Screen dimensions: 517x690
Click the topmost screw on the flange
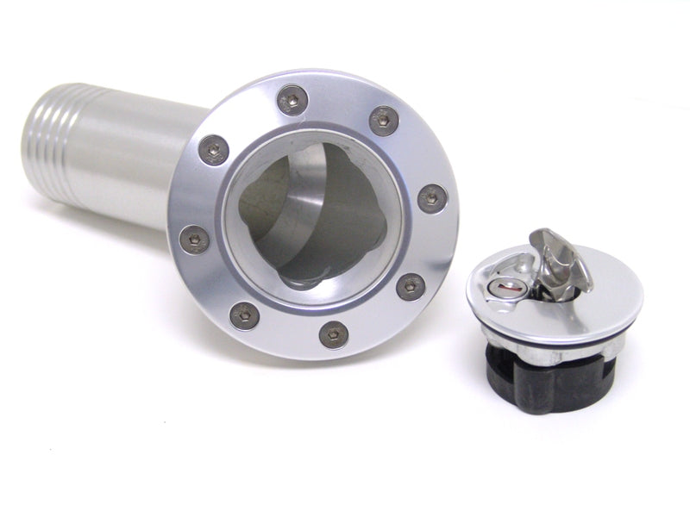(x=293, y=101)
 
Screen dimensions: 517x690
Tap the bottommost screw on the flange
(x=334, y=334)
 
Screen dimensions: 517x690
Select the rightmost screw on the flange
(x=432, y=199)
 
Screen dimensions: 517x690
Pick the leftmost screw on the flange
(x=194, y=239)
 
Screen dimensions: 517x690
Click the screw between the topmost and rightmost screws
(x=384, y=120)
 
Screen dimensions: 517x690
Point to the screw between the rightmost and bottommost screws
(x=411, y=286)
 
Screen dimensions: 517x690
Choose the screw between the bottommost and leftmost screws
(x=245, y=315)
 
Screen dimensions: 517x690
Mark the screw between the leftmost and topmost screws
(x=213, y=150)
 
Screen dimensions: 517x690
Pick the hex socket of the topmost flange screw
(x=293, y=101)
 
